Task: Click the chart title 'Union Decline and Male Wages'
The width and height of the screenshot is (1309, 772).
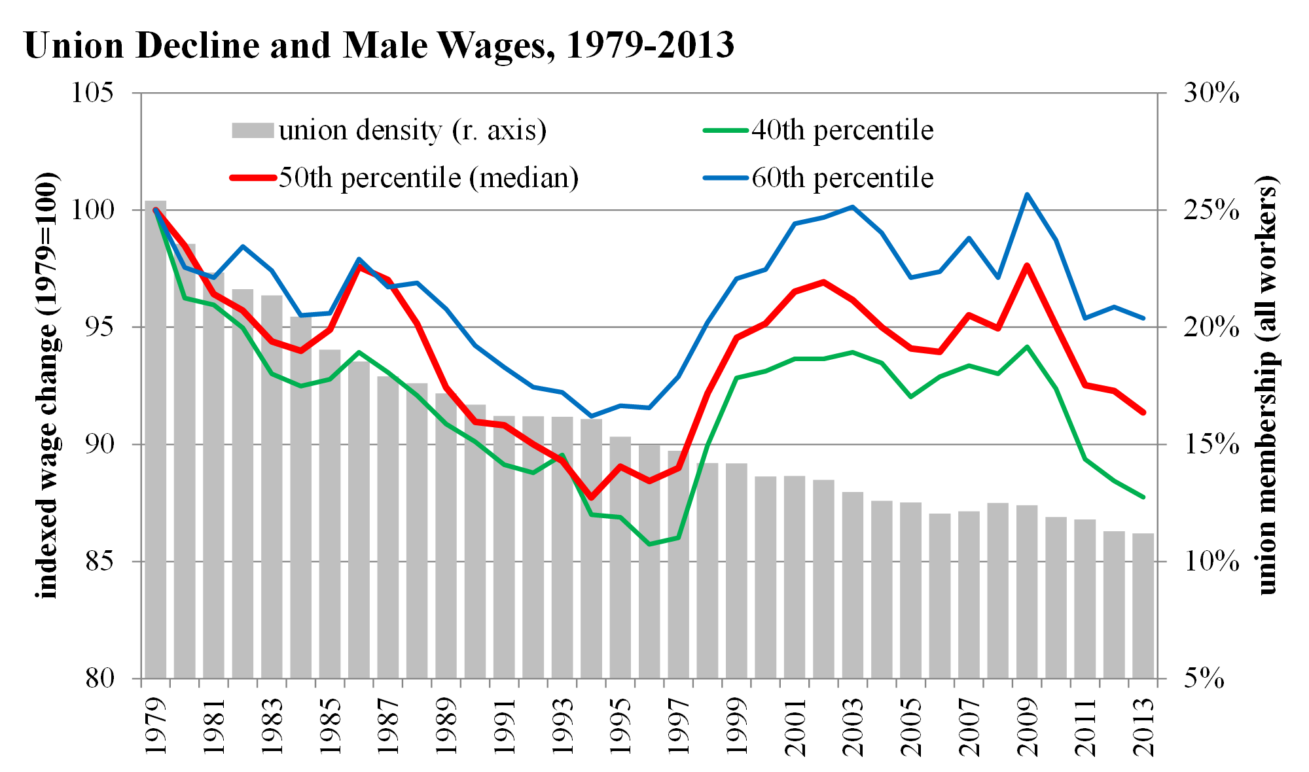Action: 379,46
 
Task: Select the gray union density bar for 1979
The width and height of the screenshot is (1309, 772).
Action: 156,438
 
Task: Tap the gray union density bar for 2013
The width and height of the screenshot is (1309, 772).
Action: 1143,605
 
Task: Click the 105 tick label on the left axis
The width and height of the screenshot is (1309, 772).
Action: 92,93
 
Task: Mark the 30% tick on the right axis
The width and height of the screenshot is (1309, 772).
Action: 1211,93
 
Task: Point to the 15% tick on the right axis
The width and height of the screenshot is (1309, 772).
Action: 1211,445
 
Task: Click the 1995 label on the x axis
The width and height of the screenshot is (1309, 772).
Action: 621,726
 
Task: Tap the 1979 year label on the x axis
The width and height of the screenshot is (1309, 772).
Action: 156,726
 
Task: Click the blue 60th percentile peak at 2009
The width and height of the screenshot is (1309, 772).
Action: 1027,194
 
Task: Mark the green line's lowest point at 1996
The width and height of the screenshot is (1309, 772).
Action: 649,544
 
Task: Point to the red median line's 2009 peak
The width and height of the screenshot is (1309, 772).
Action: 1027,266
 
